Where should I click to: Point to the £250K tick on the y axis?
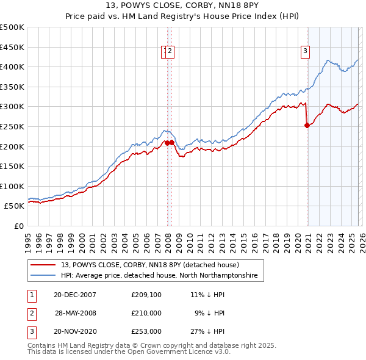12,126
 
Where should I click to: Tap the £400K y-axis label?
12,67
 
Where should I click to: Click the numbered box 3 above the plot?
304,51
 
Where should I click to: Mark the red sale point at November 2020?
307,125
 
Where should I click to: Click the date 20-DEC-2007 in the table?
75,295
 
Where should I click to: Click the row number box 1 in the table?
31,295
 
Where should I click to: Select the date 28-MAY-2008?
75,313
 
